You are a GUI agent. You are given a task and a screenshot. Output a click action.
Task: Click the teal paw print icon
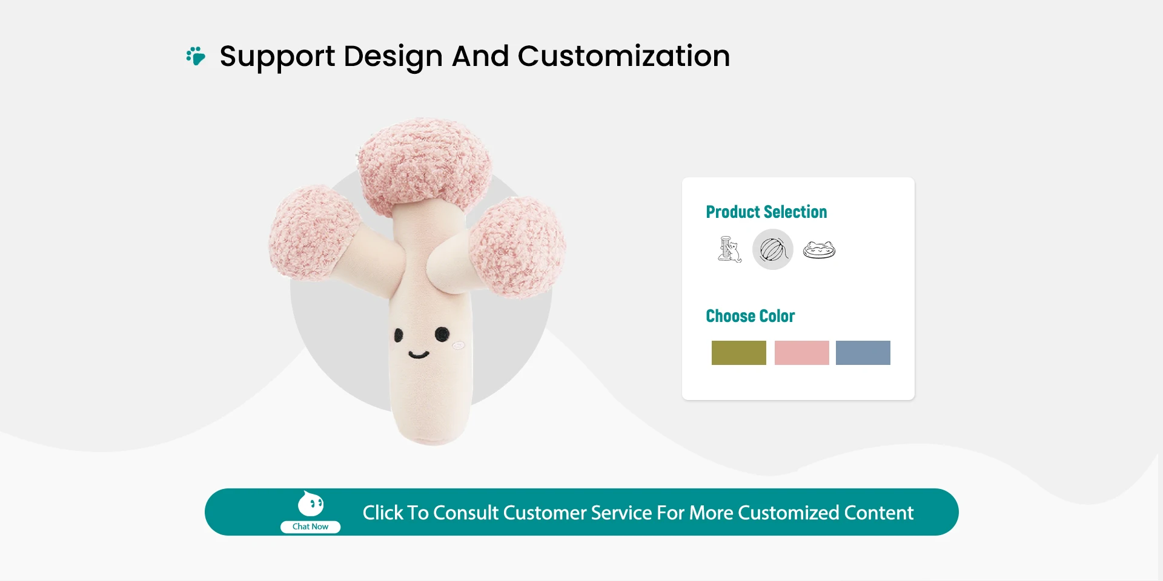pyautogui.click(x=196, y=56)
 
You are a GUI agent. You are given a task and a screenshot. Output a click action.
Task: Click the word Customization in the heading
pyautogui.click(x=624, y=56)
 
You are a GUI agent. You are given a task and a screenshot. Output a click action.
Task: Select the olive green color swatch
pyautogui.click(x=739, y=353)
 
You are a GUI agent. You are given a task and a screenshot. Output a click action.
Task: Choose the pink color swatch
pyautogui.click(x=802, y=353)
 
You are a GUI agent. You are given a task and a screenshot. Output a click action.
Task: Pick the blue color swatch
pyautogui.click(x=863, y=353)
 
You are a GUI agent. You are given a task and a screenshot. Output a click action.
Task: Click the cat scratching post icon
pyautogui.click(x=729, y=249)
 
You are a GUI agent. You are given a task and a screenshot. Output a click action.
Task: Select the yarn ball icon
pyautogui.click(x=773, y=249)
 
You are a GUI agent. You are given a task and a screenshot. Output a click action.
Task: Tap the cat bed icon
pyautogui.click(x=819, y=250)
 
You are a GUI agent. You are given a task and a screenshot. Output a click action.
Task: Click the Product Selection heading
pyautogui.click(x=766, y=212)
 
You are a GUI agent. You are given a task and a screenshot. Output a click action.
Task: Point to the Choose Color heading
pyautogui.click(x=750, y=316)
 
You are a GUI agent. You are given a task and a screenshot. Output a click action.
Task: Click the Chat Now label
pyautogui.click(x=310, y=527)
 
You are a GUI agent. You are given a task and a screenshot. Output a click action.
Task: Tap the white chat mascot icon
pyautogui.click(x=311, y=504)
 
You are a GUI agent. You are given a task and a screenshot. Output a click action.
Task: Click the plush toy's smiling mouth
pyautogui.click(x=419, y=354)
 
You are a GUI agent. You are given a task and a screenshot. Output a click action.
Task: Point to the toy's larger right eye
pyautogui.click(x=442, y=333)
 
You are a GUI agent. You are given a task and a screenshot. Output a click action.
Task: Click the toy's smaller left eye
pyautogui.click(x=399, y=335)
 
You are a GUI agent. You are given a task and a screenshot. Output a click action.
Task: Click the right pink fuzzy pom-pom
pyautogui.click(x=519, y=247)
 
